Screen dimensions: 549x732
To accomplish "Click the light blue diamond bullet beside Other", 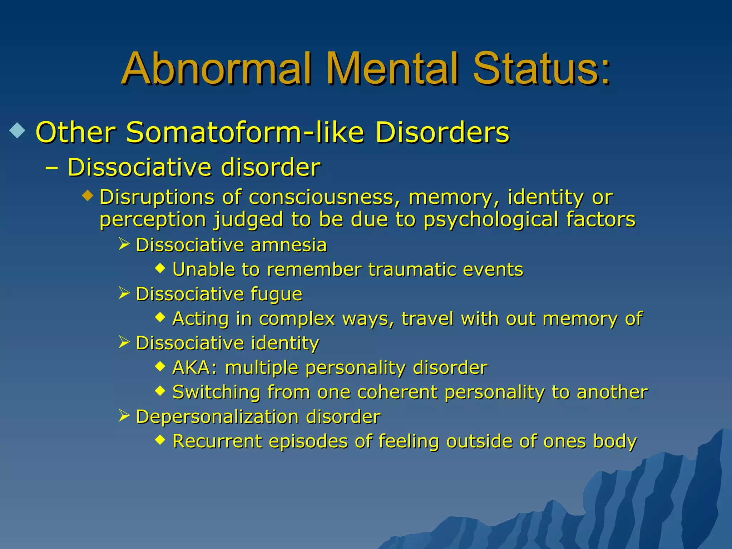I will [x=18, y=131].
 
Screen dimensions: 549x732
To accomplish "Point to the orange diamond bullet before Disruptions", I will [x=88, y=196].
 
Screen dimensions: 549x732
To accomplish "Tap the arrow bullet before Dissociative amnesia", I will [x=124, y=244].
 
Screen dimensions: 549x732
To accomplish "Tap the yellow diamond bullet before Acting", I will [x=160, y=317].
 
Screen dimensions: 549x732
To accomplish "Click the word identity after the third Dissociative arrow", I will [x=285, y=343].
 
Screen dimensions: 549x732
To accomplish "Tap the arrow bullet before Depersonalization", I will [x=124, y=416].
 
